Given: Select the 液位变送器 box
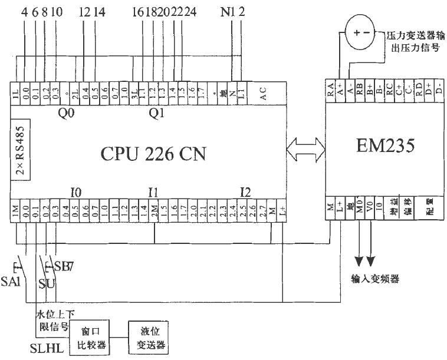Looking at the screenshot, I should (148, 339).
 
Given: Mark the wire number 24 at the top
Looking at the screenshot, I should (193, 12).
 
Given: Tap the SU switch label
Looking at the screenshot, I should (47, 284).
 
